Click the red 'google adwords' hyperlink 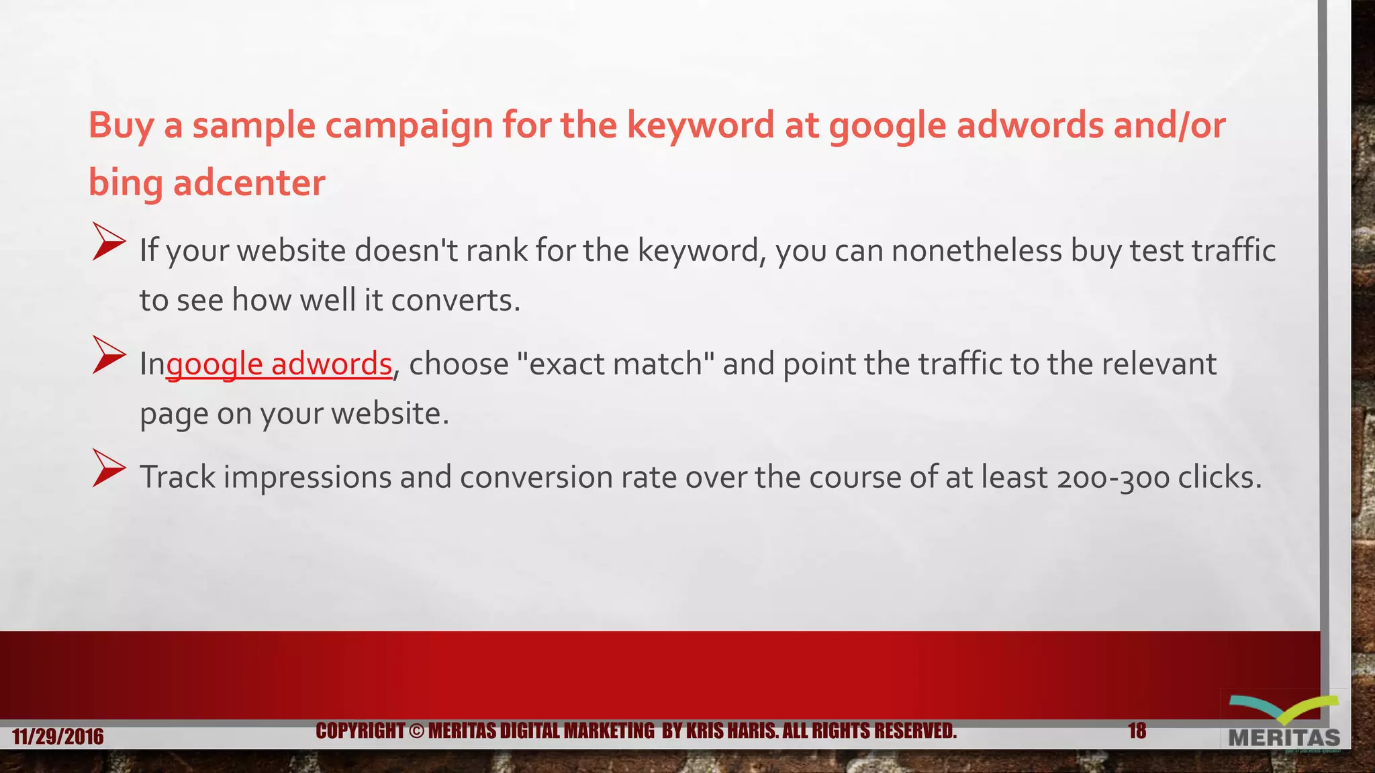click(279, 364)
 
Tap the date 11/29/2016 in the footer click(58, 737)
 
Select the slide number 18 click(1137, 730)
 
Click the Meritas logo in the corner click(1284, 725)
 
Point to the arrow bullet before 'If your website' click(108, 242)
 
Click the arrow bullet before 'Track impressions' click(108, 468)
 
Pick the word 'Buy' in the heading click(121, 125)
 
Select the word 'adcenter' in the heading click(249, 183)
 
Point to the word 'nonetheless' click(976, 251)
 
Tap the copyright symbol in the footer click(416, 731)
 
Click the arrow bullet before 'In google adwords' click(108, 355)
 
